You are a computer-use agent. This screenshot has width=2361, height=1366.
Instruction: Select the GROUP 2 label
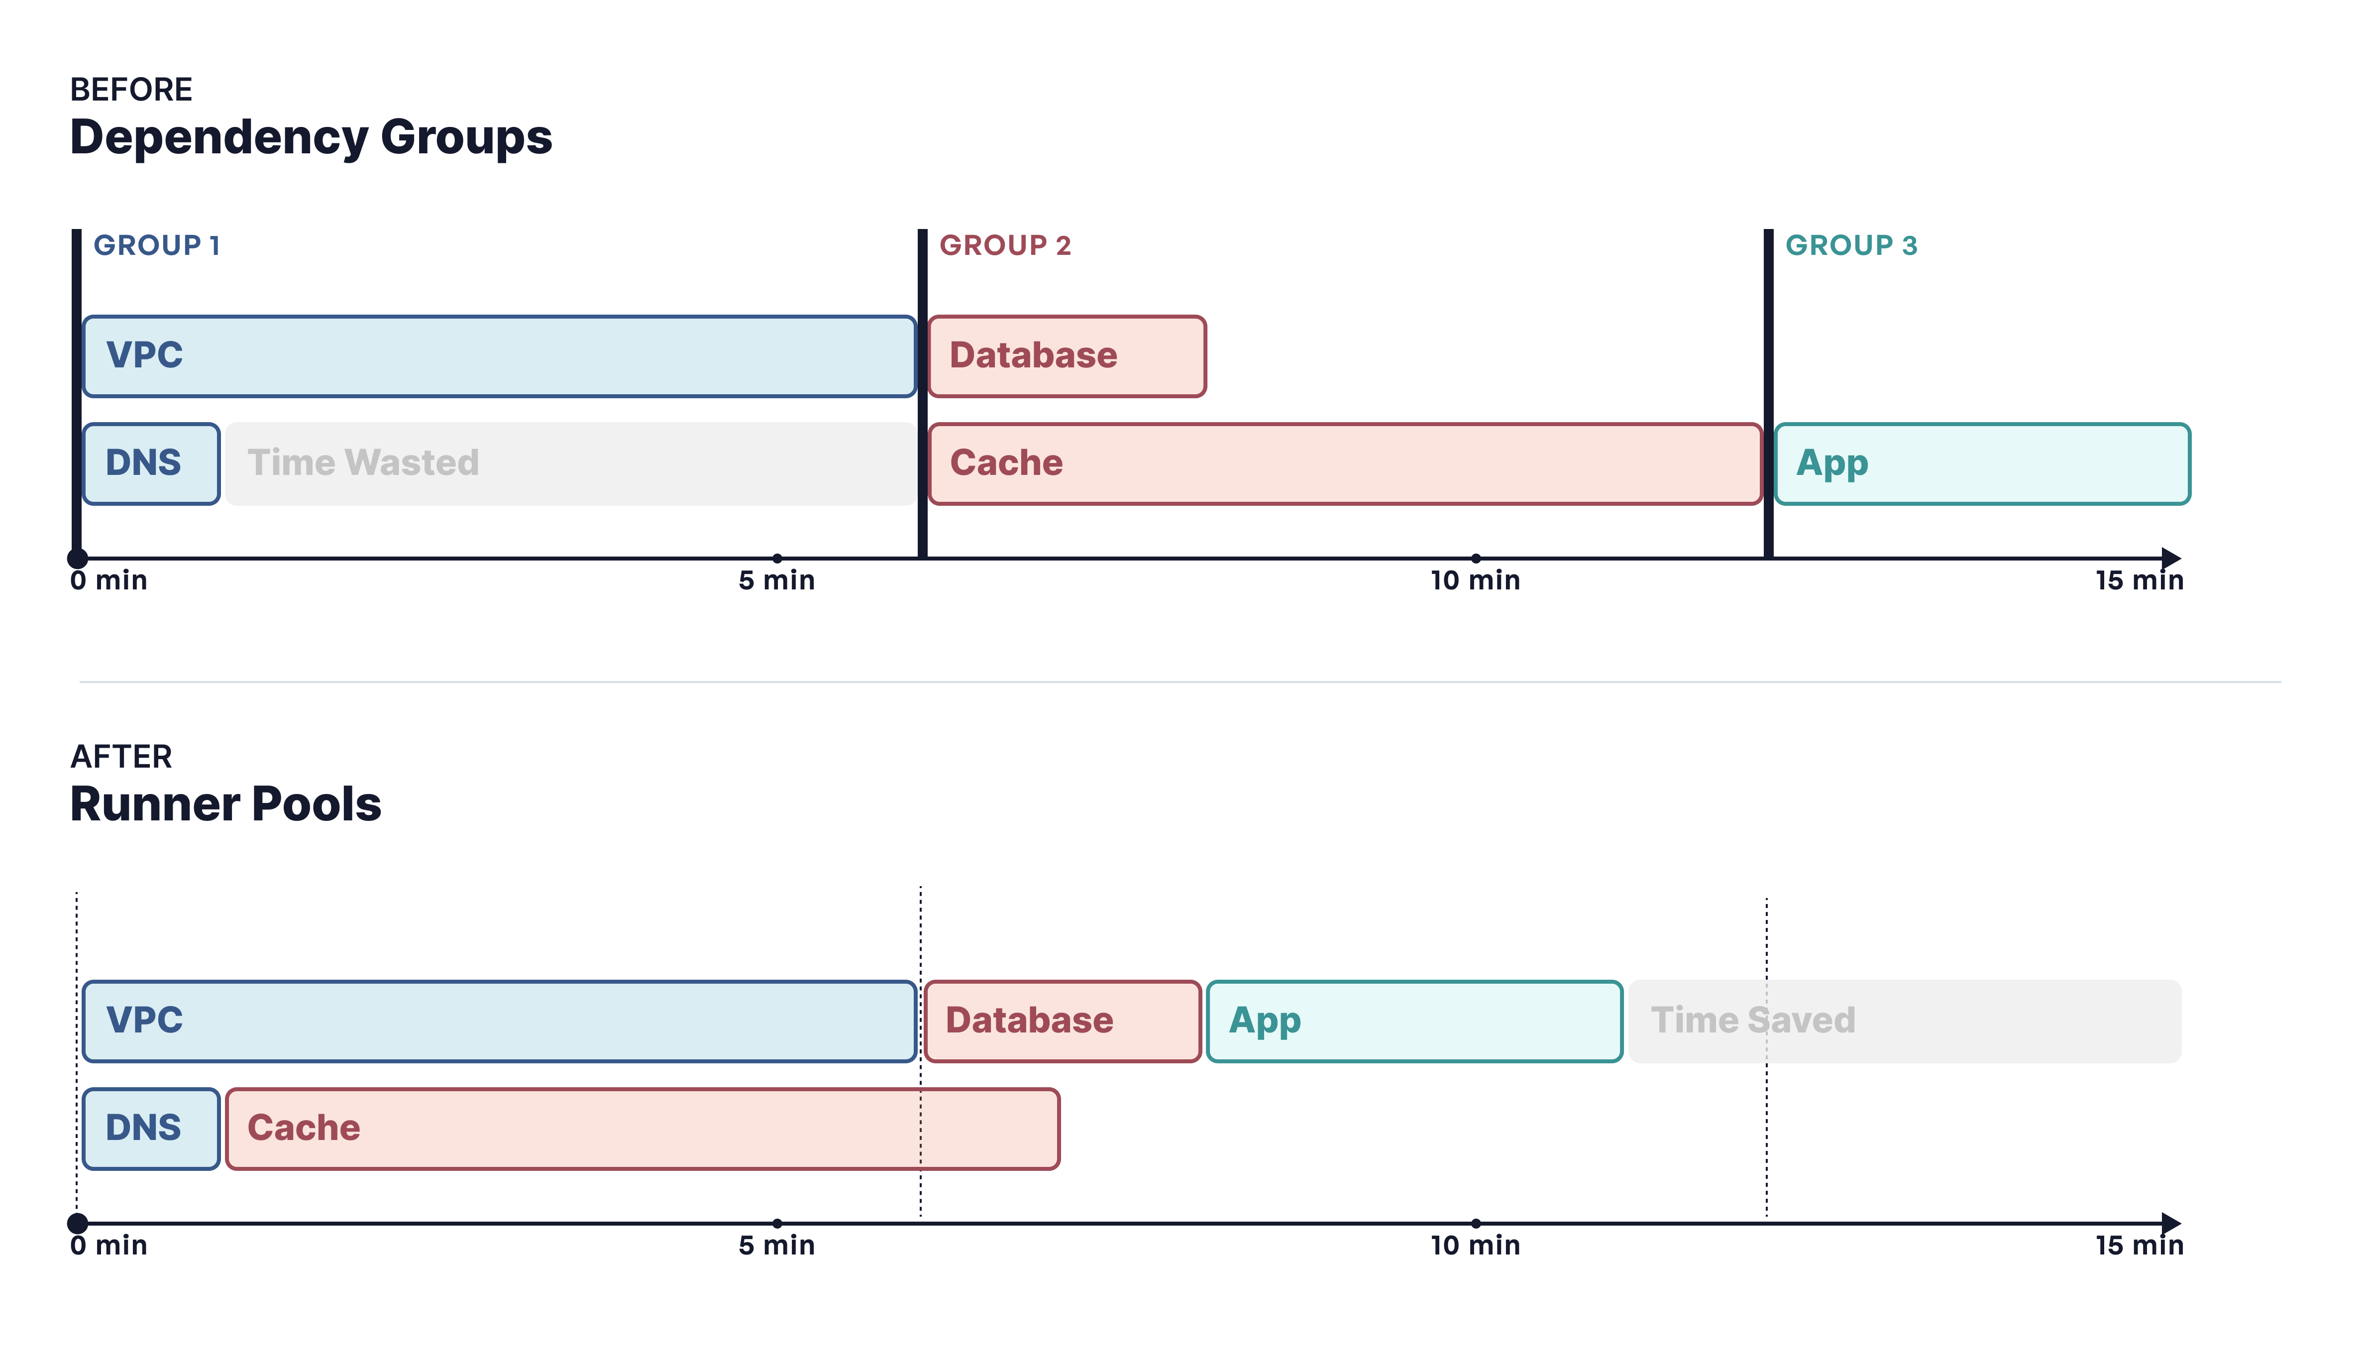coord(1005,245)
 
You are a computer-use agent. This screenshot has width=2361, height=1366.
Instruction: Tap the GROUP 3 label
coord(1851,245)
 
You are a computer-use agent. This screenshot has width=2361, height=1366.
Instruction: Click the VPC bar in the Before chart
coord(499,356)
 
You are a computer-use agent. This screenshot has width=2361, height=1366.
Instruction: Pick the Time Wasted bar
coord(570,464)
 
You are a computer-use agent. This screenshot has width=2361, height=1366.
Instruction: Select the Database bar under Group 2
coord(1067,356)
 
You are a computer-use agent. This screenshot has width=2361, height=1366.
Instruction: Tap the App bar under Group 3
coord(1982,464)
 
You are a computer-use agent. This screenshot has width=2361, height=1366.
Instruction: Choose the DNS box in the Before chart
coord(151,464)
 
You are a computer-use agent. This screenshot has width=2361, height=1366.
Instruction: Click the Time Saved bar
coord(1905,1021)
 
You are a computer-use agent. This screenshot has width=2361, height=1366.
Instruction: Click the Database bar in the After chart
coord(1063,1021)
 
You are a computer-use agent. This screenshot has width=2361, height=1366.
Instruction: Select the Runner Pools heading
coord(226,804)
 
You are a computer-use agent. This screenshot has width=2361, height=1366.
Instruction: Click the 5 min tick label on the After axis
coord(777,1246)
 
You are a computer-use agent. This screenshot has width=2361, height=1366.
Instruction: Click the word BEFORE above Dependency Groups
coord(131,90)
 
